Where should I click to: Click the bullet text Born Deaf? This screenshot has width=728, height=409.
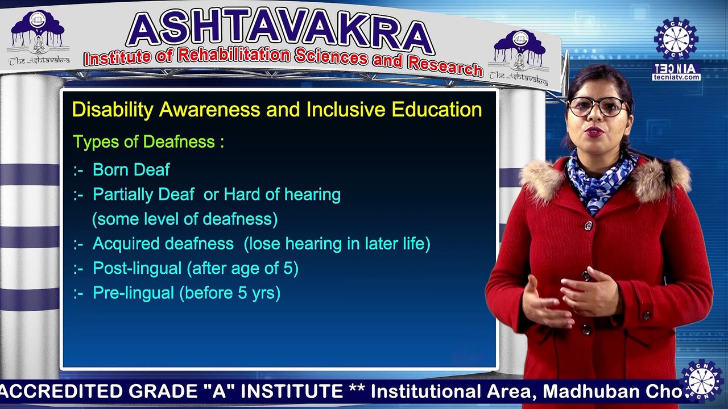tap(131, 169)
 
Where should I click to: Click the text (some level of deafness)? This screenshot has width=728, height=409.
tap(185, 219)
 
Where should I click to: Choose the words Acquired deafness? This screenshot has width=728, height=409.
tap(163, 244)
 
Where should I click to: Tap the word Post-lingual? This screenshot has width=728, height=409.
tap(138, 268)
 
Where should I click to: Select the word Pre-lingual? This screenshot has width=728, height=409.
tap(133, 293)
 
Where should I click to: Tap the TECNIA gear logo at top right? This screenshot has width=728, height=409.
tap(676, 39)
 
